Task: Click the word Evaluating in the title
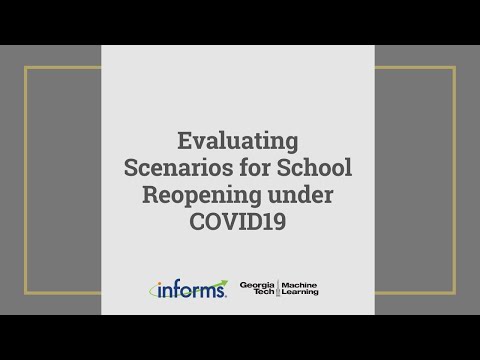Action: coord(238,139)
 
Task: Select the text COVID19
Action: coord(238,222)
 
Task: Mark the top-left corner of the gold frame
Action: coord(26,68)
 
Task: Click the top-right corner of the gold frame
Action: coord(454,68)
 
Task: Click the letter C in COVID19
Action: coord(197,222)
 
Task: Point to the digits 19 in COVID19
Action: coord(275,222)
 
